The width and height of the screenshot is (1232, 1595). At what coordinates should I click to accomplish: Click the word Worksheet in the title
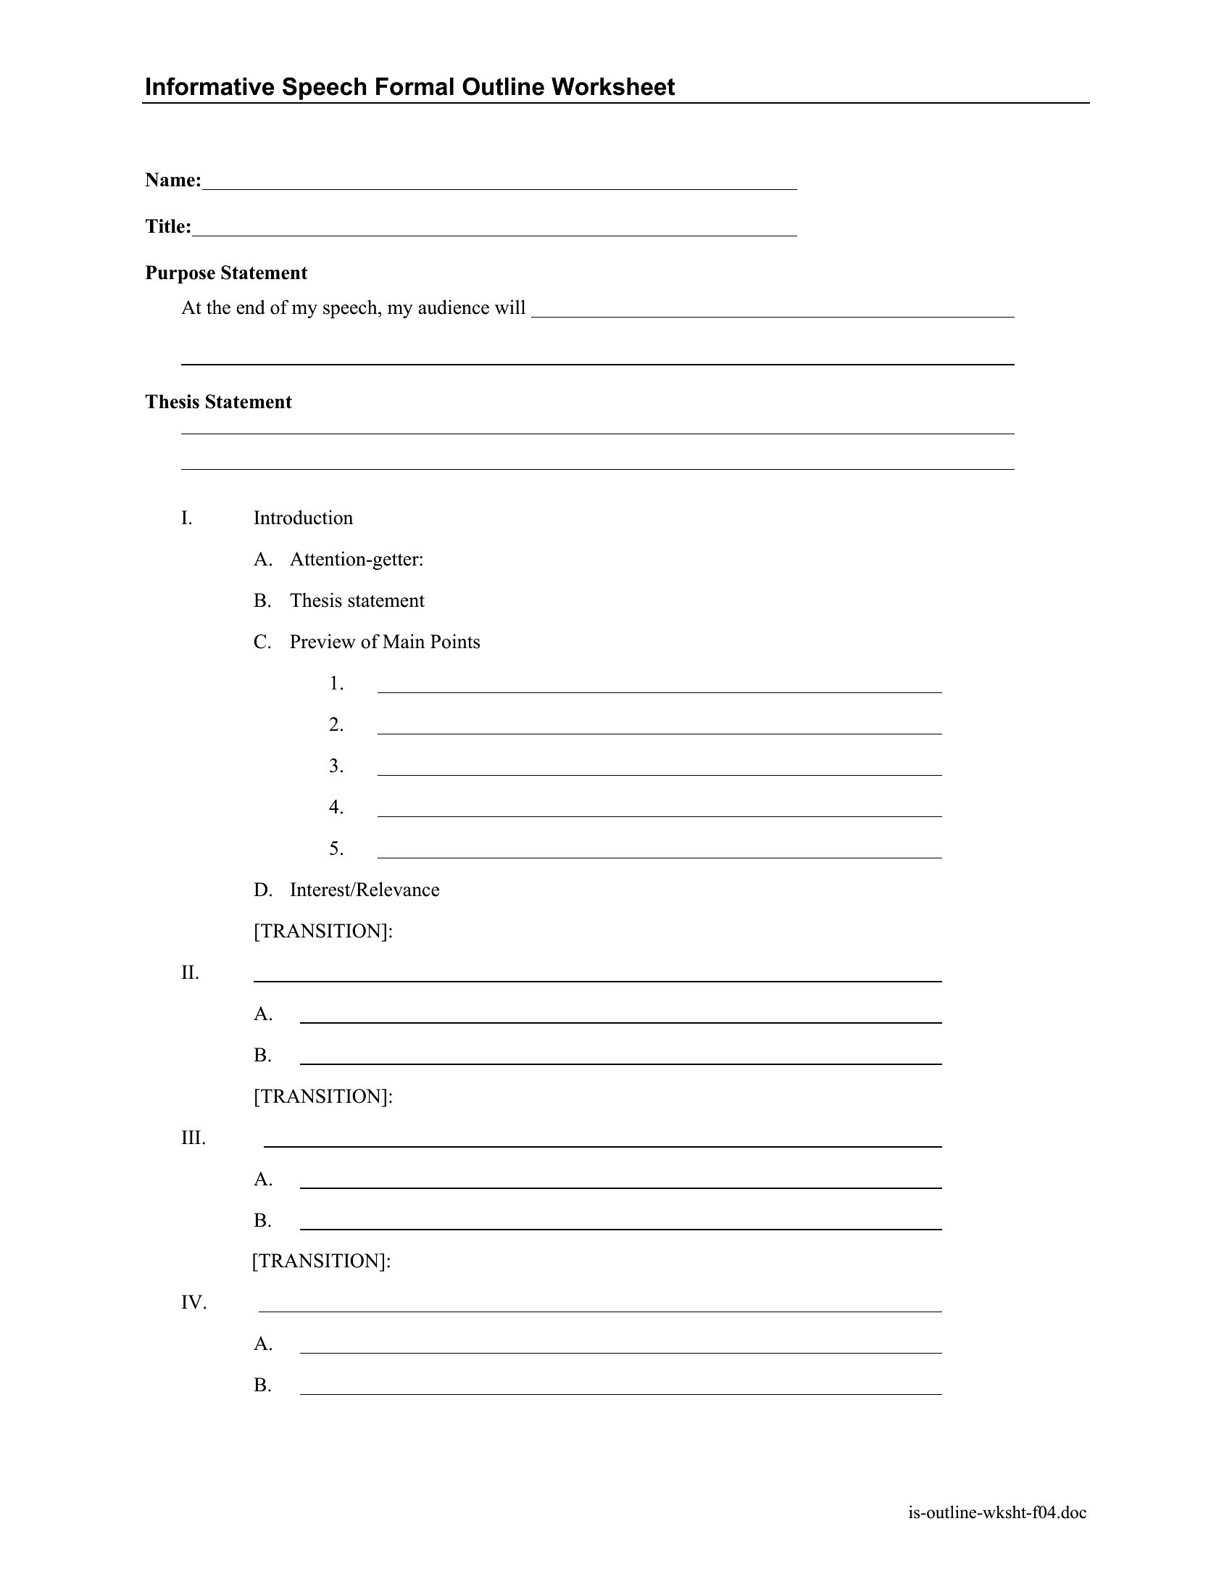coord(612,87)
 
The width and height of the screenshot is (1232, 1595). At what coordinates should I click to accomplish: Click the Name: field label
coord(173,181)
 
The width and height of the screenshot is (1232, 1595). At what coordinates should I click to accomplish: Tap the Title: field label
coord(168,227)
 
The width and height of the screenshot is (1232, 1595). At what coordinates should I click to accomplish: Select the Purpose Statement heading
coord(225,273)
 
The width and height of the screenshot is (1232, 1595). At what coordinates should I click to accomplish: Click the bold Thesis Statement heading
coord(218,402)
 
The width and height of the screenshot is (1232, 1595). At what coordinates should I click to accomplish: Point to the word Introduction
coord(303,518)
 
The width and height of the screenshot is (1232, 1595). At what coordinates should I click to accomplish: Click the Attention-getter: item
coord(356,560)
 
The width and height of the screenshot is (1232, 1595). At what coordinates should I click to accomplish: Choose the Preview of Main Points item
coord(385,642)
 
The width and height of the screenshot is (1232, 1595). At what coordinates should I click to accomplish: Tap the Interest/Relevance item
coord(365,890)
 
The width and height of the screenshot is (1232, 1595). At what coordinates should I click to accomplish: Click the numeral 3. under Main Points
coord(336,766)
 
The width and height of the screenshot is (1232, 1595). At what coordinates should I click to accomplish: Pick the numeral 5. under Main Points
coord(336,849)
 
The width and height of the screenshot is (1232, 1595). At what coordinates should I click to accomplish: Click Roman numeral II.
coord(190,974)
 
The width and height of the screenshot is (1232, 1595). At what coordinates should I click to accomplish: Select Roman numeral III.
coord(193,1138)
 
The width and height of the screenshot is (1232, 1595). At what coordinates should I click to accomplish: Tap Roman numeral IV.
coord(194,1304)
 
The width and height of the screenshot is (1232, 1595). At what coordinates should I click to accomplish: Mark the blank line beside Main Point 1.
coord(659,687)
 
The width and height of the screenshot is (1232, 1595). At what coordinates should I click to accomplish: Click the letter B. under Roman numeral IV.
coord(263,1385)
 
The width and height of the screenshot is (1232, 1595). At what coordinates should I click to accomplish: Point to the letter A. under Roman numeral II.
coord(263,1014)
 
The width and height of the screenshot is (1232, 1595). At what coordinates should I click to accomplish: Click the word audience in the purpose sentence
coord(453,308)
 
